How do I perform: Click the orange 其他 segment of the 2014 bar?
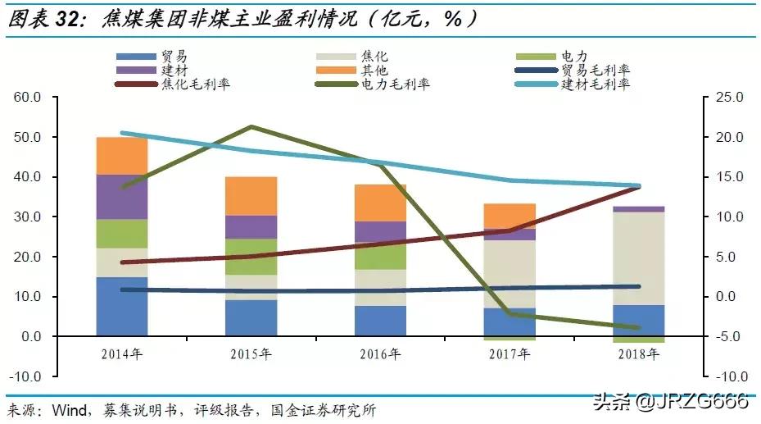[122, 156]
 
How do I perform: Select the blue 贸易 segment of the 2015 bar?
[251, 317]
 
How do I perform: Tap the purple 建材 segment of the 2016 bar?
[380, 231]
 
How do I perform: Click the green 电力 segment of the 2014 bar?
[122, 234]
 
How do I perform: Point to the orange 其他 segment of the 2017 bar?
[510, 216]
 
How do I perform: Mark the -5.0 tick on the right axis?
[728, 337]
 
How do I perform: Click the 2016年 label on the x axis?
[380, 354]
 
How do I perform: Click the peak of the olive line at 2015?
[251, 126]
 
